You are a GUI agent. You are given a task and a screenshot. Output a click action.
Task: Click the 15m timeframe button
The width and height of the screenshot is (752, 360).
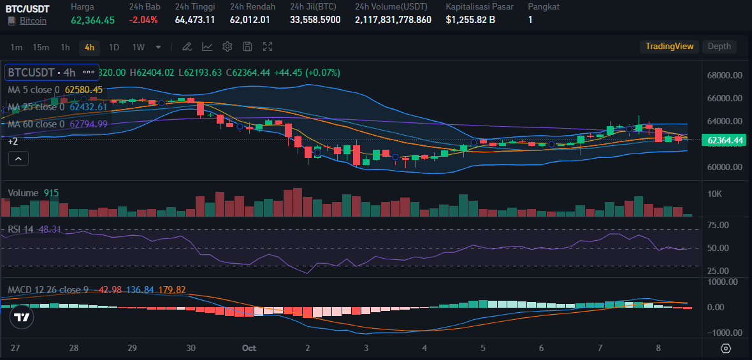point(41,47)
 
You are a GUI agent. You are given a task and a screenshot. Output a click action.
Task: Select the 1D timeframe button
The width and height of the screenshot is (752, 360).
point(114,47)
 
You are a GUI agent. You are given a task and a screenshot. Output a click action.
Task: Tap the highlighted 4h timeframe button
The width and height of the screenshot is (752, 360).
point(89,47)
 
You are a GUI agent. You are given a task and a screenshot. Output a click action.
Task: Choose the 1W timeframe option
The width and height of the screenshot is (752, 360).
point(138,47)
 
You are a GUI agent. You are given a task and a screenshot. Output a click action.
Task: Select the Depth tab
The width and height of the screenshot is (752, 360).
point(719,47)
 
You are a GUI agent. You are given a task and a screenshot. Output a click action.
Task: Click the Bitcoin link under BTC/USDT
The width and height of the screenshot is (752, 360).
point(33,20)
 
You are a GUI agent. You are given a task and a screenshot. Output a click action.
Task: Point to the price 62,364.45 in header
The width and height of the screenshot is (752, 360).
point(93,20)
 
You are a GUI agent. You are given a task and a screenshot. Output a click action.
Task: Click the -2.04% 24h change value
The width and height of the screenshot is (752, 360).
point(143,20)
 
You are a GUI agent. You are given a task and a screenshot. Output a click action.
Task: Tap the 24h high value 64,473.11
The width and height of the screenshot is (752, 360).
point(195,20)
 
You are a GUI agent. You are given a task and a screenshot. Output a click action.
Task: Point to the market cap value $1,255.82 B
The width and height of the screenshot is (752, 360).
point(471,20)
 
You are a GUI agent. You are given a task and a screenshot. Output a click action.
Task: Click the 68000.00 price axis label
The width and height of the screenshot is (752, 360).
point(725,75)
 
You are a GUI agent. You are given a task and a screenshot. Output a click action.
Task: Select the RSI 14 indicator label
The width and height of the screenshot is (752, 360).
point(21,229)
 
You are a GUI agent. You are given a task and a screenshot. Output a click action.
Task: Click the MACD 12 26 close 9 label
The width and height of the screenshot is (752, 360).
point(48,290)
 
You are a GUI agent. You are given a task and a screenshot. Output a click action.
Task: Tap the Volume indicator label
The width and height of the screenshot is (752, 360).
point(23,192)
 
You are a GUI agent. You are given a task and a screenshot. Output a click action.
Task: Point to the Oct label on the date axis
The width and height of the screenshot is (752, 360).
point(249,348)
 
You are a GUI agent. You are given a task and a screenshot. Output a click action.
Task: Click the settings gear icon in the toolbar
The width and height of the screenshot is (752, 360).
point(228,47)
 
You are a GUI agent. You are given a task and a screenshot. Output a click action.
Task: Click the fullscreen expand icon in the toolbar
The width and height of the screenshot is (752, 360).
point(268,47)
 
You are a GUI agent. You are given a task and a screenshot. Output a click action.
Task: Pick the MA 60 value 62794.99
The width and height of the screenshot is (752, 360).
point(89,124)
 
